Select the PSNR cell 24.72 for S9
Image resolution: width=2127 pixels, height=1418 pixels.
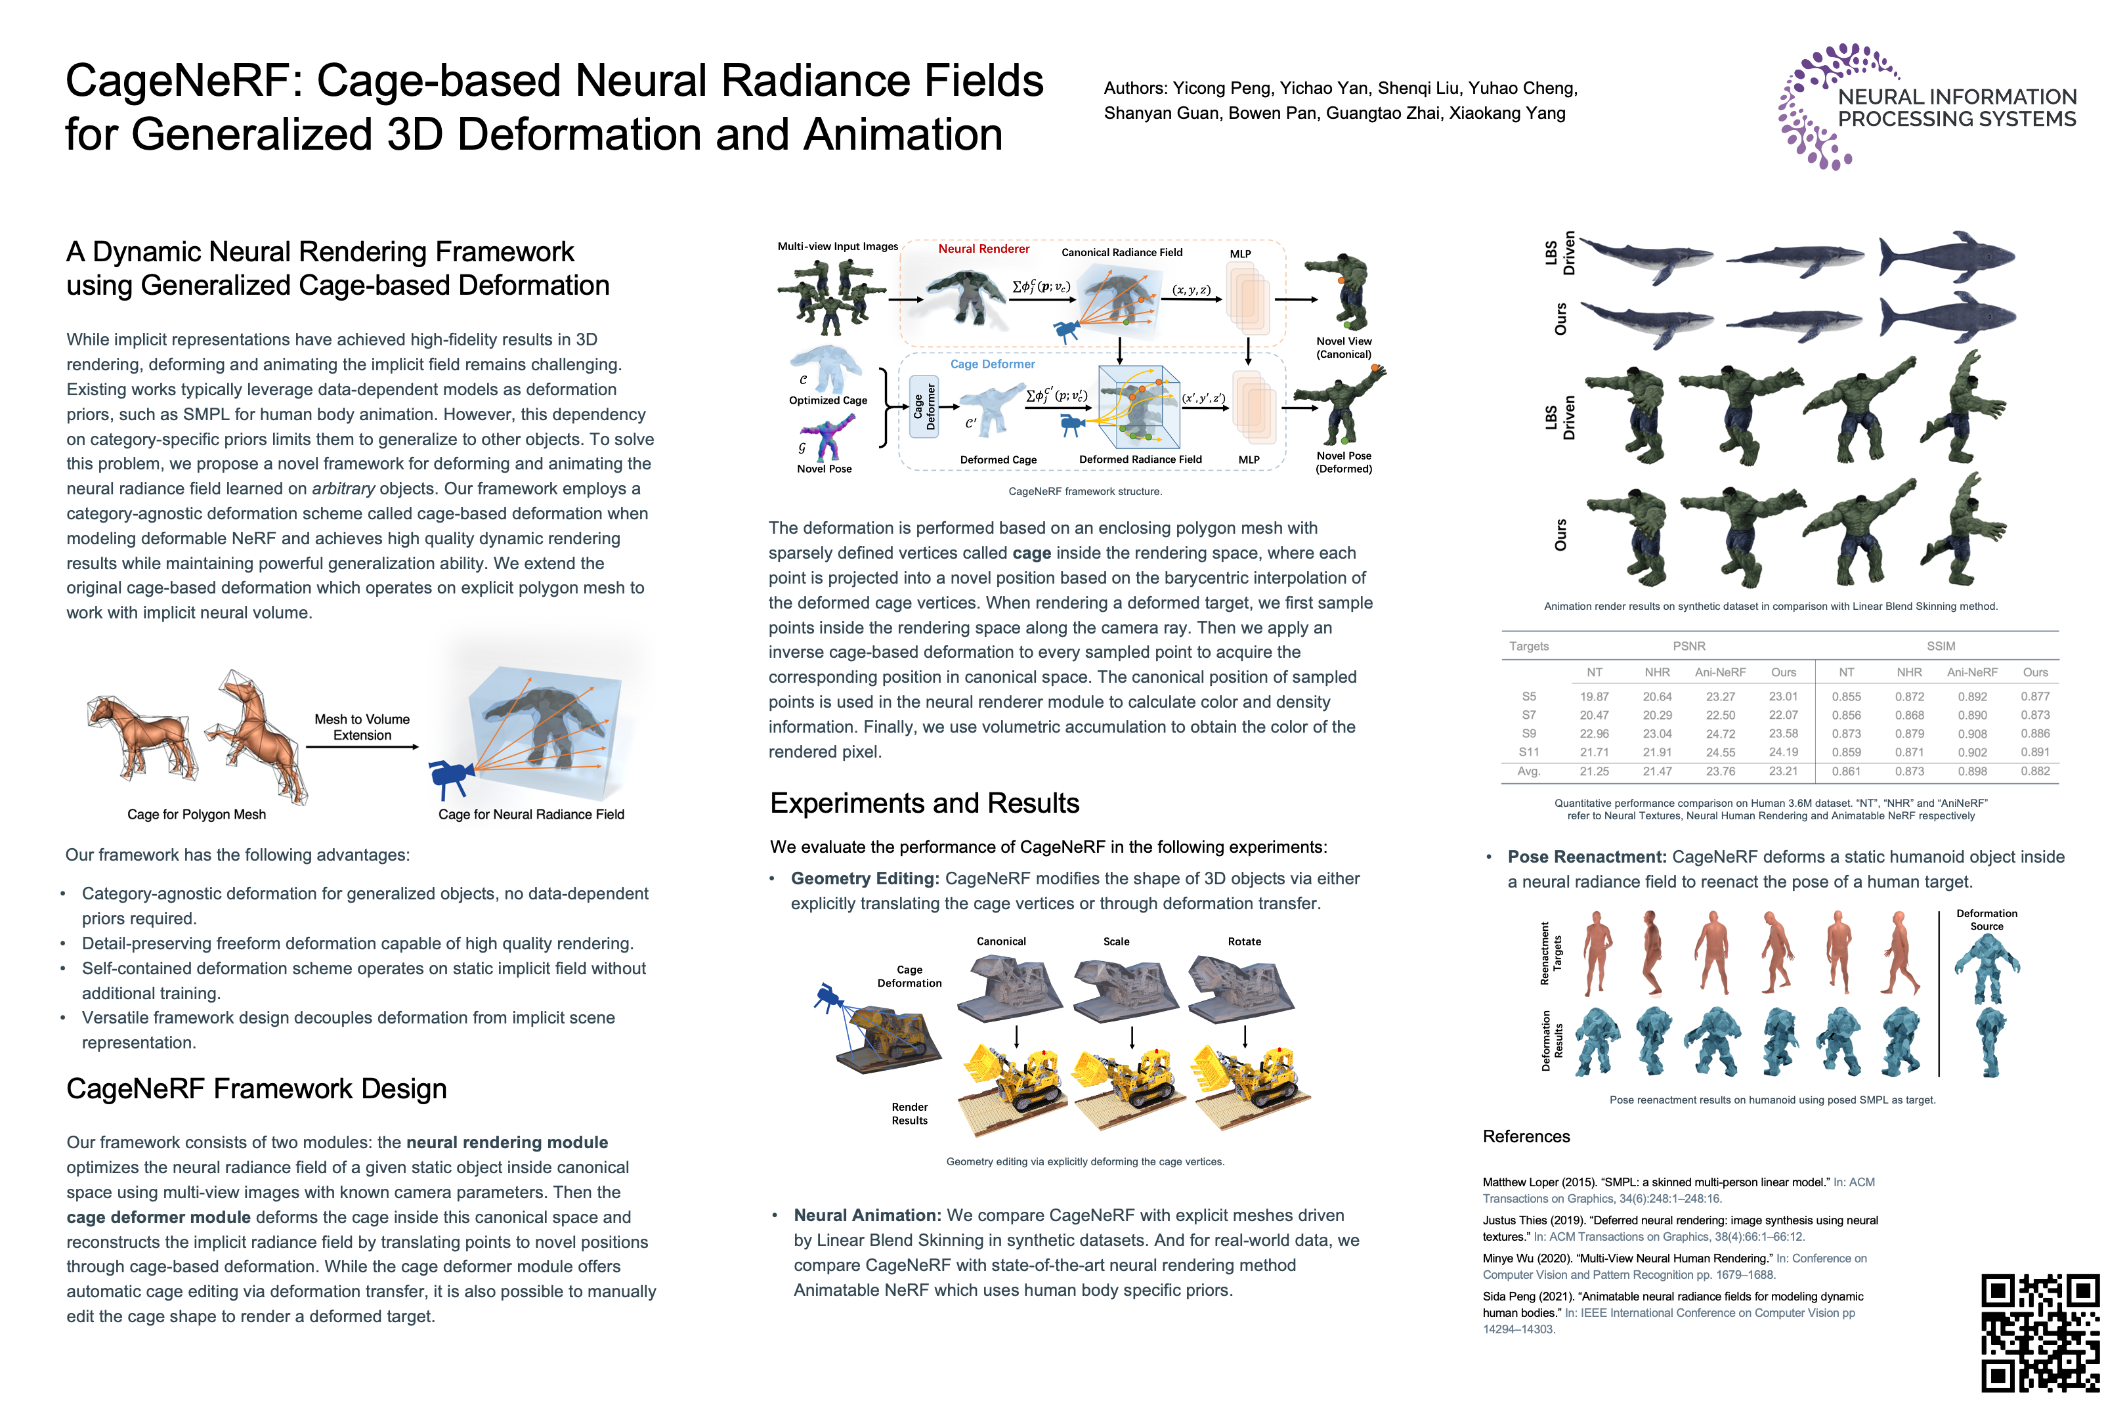pos(1720,733)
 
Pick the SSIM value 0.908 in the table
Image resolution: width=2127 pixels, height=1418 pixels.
pos(1972,733)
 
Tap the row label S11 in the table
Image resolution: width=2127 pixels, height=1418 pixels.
pos(1528,752)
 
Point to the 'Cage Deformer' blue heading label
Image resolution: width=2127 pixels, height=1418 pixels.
pos(992,364)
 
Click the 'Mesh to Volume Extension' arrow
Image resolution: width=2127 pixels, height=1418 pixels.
pos(362,746)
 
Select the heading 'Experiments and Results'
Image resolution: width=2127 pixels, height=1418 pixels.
pos(924,803)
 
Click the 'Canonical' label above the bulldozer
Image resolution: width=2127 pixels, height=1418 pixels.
pos(1001,941)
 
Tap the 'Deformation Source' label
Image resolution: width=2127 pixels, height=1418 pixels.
pos(1986,920)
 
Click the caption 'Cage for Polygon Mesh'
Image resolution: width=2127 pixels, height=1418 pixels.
pos(196,814)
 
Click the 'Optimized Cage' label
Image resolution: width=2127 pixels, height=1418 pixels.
pos(827,400)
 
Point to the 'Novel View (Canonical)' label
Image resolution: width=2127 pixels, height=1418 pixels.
pos(1344,347)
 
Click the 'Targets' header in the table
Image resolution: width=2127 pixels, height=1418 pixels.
pos(1528,646)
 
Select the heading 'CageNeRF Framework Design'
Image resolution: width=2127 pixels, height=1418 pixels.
pos(256,1089)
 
